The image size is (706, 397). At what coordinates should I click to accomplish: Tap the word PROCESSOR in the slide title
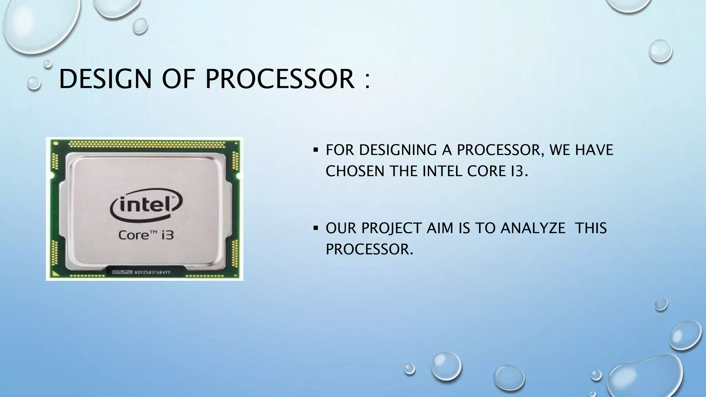(280, 79)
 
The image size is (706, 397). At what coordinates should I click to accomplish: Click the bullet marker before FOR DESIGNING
(315, 150)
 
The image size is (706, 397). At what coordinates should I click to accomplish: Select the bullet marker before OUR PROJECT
(315, 228)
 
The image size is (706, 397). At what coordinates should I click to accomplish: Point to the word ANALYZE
(533, 228)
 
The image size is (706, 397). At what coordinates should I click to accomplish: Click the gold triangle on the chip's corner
(55, 274)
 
